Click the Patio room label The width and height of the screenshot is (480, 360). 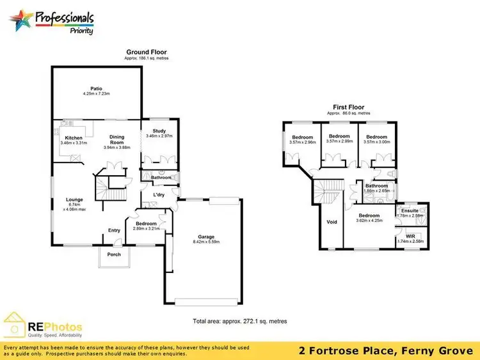(97, 88)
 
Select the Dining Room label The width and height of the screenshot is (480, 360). (116, 137)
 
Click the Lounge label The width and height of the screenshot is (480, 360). (75, 200)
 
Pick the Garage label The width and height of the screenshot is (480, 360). (204, 236)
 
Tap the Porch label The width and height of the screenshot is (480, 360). (114, 254)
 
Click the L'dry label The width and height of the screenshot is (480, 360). (159, 194)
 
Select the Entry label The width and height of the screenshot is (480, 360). (115, 230)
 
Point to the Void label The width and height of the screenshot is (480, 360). (332, 222)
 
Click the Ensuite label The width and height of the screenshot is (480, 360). (410, 210)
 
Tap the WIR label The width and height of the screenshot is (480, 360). (410, 236)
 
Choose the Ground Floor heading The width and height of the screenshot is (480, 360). (147, 52)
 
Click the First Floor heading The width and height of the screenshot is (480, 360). (348, 107)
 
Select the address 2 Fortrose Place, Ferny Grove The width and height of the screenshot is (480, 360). (386, 350)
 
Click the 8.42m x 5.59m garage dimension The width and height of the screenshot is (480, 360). (204, 242)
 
